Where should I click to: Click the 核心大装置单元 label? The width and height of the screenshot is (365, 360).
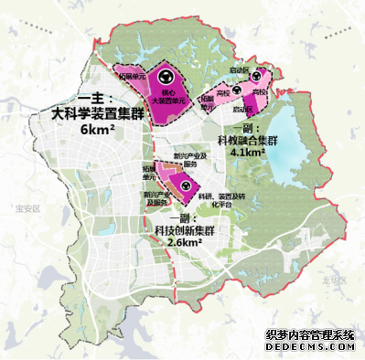165,96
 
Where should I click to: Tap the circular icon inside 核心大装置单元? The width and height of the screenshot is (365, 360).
166,78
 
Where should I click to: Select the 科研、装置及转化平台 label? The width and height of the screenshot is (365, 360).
217,199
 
